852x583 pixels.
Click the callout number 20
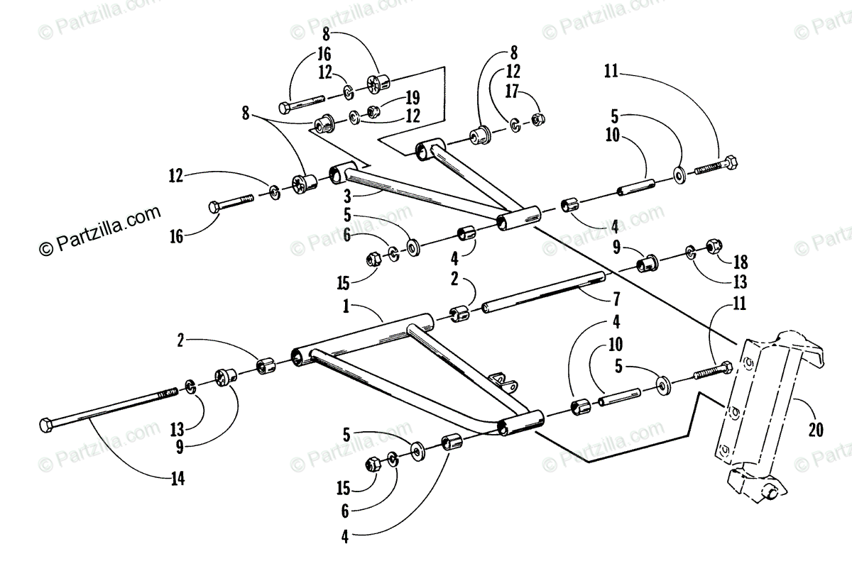[816, 431]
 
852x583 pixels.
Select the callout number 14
[177, 479]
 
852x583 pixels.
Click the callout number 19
[412, 98]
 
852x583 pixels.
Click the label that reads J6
[324, 55]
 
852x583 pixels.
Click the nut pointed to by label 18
[714, 248]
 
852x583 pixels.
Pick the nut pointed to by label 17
[537, 120]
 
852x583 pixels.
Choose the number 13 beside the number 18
[740, 282]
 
